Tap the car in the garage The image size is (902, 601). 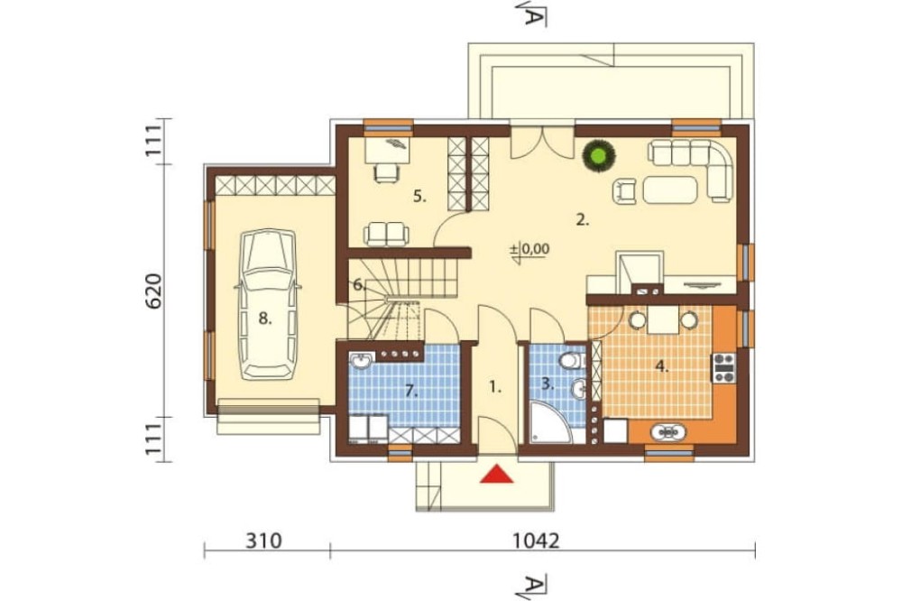click(268, 304)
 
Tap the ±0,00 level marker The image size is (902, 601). click(529, 250)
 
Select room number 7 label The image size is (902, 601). click(410, 392)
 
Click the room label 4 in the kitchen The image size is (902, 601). click(663, 366)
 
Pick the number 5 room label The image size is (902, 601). click(419, 197)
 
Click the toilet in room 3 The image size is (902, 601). click(571, 361)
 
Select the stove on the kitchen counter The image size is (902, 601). click(724, 368)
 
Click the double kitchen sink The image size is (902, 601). click(667, 430)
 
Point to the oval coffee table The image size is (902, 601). click(670, 190)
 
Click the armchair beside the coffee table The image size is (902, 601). click(626, 191)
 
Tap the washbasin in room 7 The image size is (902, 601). click(362, 360)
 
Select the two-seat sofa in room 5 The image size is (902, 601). click(386, 234)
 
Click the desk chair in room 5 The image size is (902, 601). click(388, 172)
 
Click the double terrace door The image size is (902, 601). click(542, 142)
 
